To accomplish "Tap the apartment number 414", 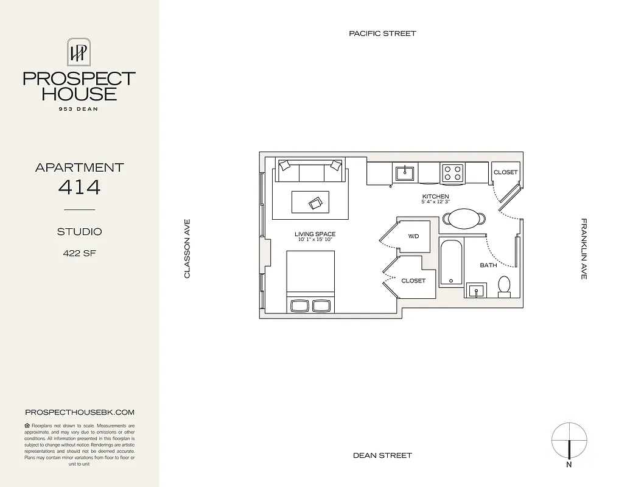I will click(79, 187).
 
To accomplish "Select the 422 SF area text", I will click(79, 254).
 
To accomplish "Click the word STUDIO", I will click(79, 232).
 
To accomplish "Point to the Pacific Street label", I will click(382, 33).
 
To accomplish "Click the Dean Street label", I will click(382, 455).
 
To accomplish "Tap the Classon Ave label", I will click(187, 249).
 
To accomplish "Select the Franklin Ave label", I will click(584, 249).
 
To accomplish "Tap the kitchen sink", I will click(404, 173).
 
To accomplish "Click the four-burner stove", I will click(452, 173).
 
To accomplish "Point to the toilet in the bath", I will click(504, 286).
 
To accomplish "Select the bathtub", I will click(451, 262).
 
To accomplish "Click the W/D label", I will click(413, 236).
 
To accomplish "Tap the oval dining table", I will click(464, 219).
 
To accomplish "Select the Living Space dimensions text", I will click(315, 240).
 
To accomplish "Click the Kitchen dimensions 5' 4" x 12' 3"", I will click(436, 202).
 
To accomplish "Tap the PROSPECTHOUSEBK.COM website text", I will click(79, 412).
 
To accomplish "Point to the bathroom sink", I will click(475, 290).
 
